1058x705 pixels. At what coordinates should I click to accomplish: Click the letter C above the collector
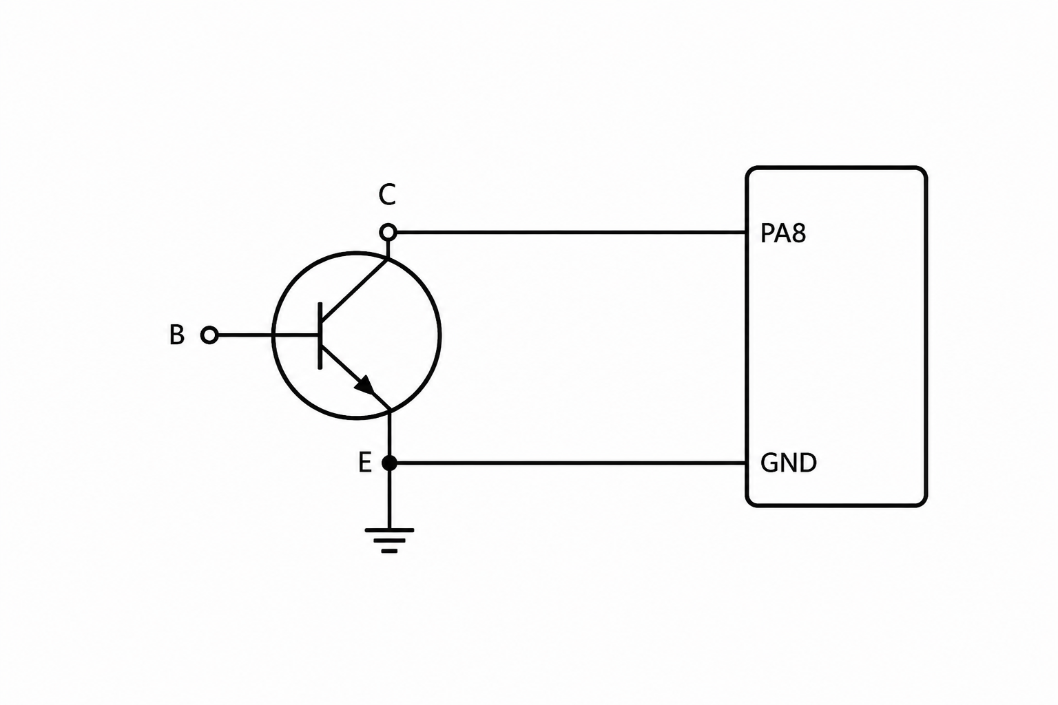point(387,195)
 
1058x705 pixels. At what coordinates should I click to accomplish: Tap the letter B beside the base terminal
point(176,335)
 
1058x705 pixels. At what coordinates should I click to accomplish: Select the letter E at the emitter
point(364,463)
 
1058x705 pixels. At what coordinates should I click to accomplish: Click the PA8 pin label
point(782,233)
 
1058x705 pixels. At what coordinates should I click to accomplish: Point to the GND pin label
point(788,463)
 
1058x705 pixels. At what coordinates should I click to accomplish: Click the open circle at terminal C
point(388,232)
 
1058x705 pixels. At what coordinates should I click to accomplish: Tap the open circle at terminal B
point(209,335)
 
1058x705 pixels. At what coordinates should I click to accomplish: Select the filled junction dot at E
point(389,463)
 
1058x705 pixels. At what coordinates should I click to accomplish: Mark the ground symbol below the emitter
point(389,540)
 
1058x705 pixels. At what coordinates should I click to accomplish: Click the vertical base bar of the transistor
point(320,336)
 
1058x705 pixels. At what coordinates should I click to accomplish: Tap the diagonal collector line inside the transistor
point(355,289)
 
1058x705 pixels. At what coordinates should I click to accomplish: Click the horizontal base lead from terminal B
point(268,335)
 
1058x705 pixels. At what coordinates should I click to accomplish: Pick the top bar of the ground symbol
point(389,530)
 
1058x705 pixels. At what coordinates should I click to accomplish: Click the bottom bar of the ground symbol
point(389,551)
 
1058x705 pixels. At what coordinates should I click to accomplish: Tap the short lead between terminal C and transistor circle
point(388,249)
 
